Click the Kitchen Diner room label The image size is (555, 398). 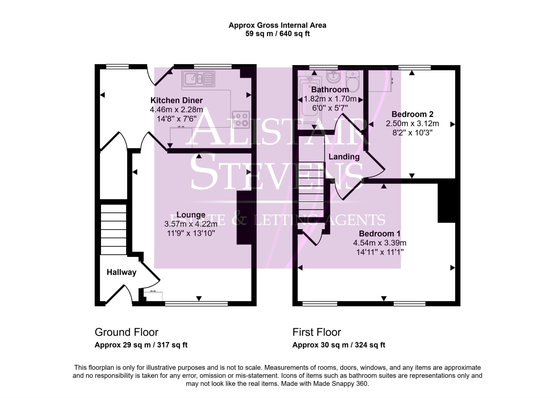tap(176, 101)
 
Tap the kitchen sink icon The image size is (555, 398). tap(199, 78)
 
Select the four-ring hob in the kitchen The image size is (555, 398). tap(241, 119)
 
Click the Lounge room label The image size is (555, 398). tap(191, 215)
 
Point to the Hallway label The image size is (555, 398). tap(121, 272)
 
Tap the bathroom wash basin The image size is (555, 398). tap(333, 76)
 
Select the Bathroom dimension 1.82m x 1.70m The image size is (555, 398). tap(330, 99)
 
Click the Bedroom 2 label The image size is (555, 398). tap(412, 114)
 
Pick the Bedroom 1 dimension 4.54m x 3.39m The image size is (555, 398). tap(379, 243)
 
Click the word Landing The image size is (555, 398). tap(344, 157)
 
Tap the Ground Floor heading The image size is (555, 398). tap(126, 332)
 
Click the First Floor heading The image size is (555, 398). tap(317, 332)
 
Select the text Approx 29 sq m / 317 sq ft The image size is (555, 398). tap(141, 345)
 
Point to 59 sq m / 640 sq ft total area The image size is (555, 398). tap(277, 34)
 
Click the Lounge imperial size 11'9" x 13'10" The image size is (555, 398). tap(191, 233)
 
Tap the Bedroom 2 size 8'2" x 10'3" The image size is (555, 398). tap(412, 133)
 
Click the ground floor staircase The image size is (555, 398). tap(114, 229)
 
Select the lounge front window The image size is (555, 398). tap(196, 304)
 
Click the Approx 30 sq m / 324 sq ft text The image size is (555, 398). tap(338, 345)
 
